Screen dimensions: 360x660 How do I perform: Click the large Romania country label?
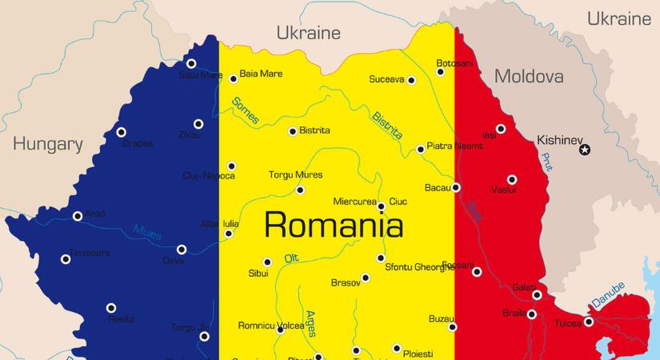tap(333, 224)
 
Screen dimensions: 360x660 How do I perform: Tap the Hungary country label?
tap(48, 145)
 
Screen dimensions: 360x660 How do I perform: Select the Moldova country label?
tap(528, 77)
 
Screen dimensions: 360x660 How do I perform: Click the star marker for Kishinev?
tap(585, 150)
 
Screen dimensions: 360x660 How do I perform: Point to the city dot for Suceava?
tap(411, 80)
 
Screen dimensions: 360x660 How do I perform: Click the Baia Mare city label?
tap(261, 74)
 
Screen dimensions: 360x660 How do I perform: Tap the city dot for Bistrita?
tap(292, 131)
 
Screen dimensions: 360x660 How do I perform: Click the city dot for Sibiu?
tap(267, 262)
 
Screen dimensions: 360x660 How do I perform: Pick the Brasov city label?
tap(345, 283)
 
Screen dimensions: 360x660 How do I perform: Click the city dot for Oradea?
tap(122, 133)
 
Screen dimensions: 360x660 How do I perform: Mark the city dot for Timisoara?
tap(66, 258)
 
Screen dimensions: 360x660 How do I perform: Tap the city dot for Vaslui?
tap(512, 180)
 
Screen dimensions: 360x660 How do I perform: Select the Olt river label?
tap(293, 258)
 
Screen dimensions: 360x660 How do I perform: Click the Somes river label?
tap(246, 111)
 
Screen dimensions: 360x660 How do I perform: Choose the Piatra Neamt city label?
tap(455, 146)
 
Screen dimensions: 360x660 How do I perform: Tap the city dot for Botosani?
tap(440, 72)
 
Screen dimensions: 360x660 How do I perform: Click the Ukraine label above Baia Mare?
tap(308, 33)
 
